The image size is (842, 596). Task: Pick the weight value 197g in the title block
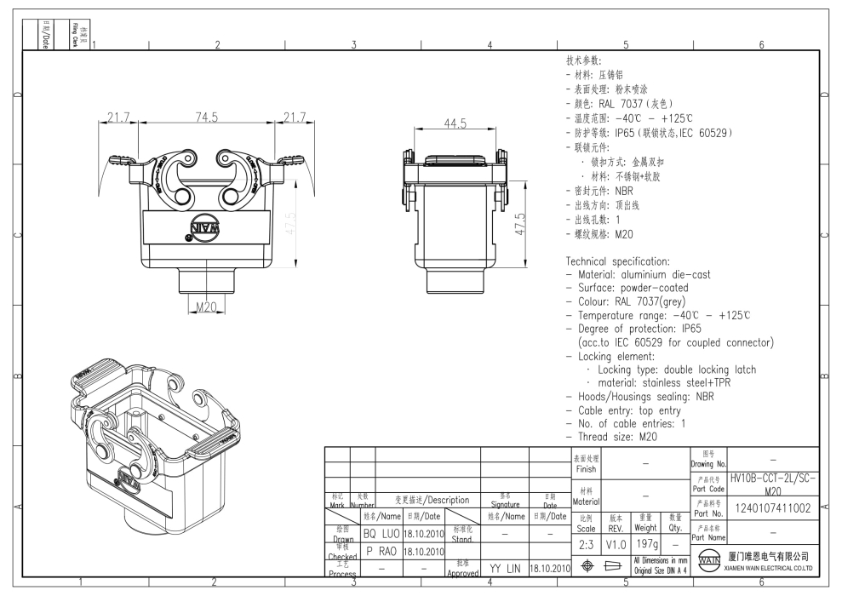(645, 543)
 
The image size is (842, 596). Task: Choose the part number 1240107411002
(772, 508)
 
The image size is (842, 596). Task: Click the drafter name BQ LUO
(381, 534)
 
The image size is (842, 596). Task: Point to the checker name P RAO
(381, 551)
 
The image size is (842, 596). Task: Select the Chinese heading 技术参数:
(583, 61)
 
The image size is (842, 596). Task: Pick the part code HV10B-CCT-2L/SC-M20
(773, 484)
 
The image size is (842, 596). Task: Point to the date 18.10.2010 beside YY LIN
(549, 568)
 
